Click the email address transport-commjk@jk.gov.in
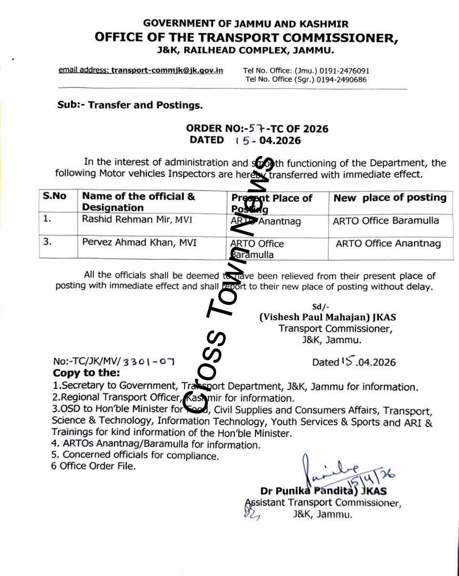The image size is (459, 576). click(167, 70)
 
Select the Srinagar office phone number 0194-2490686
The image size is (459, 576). click(341, 79)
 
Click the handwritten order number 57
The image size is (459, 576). click(255, 129)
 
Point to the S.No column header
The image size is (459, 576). click(54, 196)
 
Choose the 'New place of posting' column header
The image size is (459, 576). click(390, 197)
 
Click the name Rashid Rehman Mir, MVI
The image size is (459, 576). click(137, 219)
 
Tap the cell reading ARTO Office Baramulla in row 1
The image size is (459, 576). click(386, 221)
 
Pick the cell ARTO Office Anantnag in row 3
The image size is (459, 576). click(388, 243)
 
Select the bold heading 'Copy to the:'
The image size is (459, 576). click(86, 373)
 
